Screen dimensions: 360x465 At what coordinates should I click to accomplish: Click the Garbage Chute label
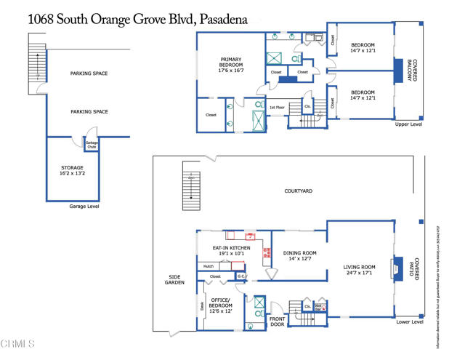tap(92, 144)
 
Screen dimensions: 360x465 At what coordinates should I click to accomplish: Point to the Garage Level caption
tap(84, 207)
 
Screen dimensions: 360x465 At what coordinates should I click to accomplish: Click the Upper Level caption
tap(408, 124)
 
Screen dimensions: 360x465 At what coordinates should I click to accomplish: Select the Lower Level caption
tap(408, 321)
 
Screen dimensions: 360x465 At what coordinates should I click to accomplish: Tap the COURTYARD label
tap(298, 191)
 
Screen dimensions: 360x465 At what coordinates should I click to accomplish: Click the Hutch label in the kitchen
tap(208, 266)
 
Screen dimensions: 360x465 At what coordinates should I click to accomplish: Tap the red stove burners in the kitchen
tap(267, 252)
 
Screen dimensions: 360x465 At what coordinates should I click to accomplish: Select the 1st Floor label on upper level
tap(277, 107)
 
